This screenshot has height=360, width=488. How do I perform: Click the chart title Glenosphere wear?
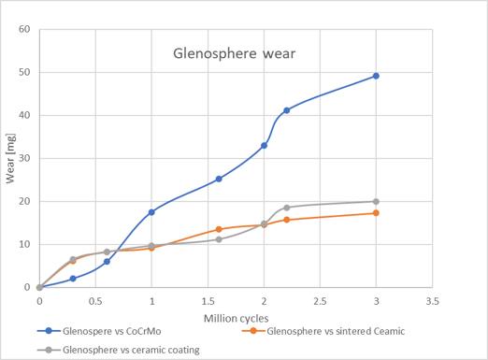[x=234, y=53]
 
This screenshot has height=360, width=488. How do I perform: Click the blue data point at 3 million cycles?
[x=376, y=76]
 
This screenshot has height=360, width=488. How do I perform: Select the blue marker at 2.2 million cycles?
[x=287, y=110]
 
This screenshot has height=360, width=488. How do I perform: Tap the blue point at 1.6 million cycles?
[x=219, y=179]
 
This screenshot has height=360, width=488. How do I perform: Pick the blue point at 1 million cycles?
[x=151, y=212]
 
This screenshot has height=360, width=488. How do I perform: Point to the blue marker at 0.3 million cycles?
[x=73, y=279]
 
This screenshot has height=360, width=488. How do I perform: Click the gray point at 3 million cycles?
[x=376, y=202]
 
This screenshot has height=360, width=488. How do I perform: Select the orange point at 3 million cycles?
[x=376, y=213]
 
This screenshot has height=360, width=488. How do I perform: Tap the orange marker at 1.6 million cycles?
[x=219, y=229]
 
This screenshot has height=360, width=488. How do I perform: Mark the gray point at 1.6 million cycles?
[x=219, y=239]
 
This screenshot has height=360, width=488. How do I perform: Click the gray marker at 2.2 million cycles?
[x=287, y=208]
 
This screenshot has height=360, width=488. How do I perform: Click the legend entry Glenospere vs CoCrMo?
[x=99, y=331]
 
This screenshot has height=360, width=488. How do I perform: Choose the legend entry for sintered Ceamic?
[x=323, y=331]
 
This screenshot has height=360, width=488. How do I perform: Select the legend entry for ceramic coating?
[x=119, y=350]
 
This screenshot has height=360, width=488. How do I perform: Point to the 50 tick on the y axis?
[x=24, y=72]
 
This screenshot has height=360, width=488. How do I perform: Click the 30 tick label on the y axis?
[x=24, y=158]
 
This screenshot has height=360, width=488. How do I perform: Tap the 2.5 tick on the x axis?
[x=320, y=301]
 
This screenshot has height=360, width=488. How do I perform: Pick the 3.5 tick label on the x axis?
[x=432, y=301]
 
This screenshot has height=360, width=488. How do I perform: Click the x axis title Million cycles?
[x=236, y=319]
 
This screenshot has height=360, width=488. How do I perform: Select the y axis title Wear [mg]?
[x=10, y=158]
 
